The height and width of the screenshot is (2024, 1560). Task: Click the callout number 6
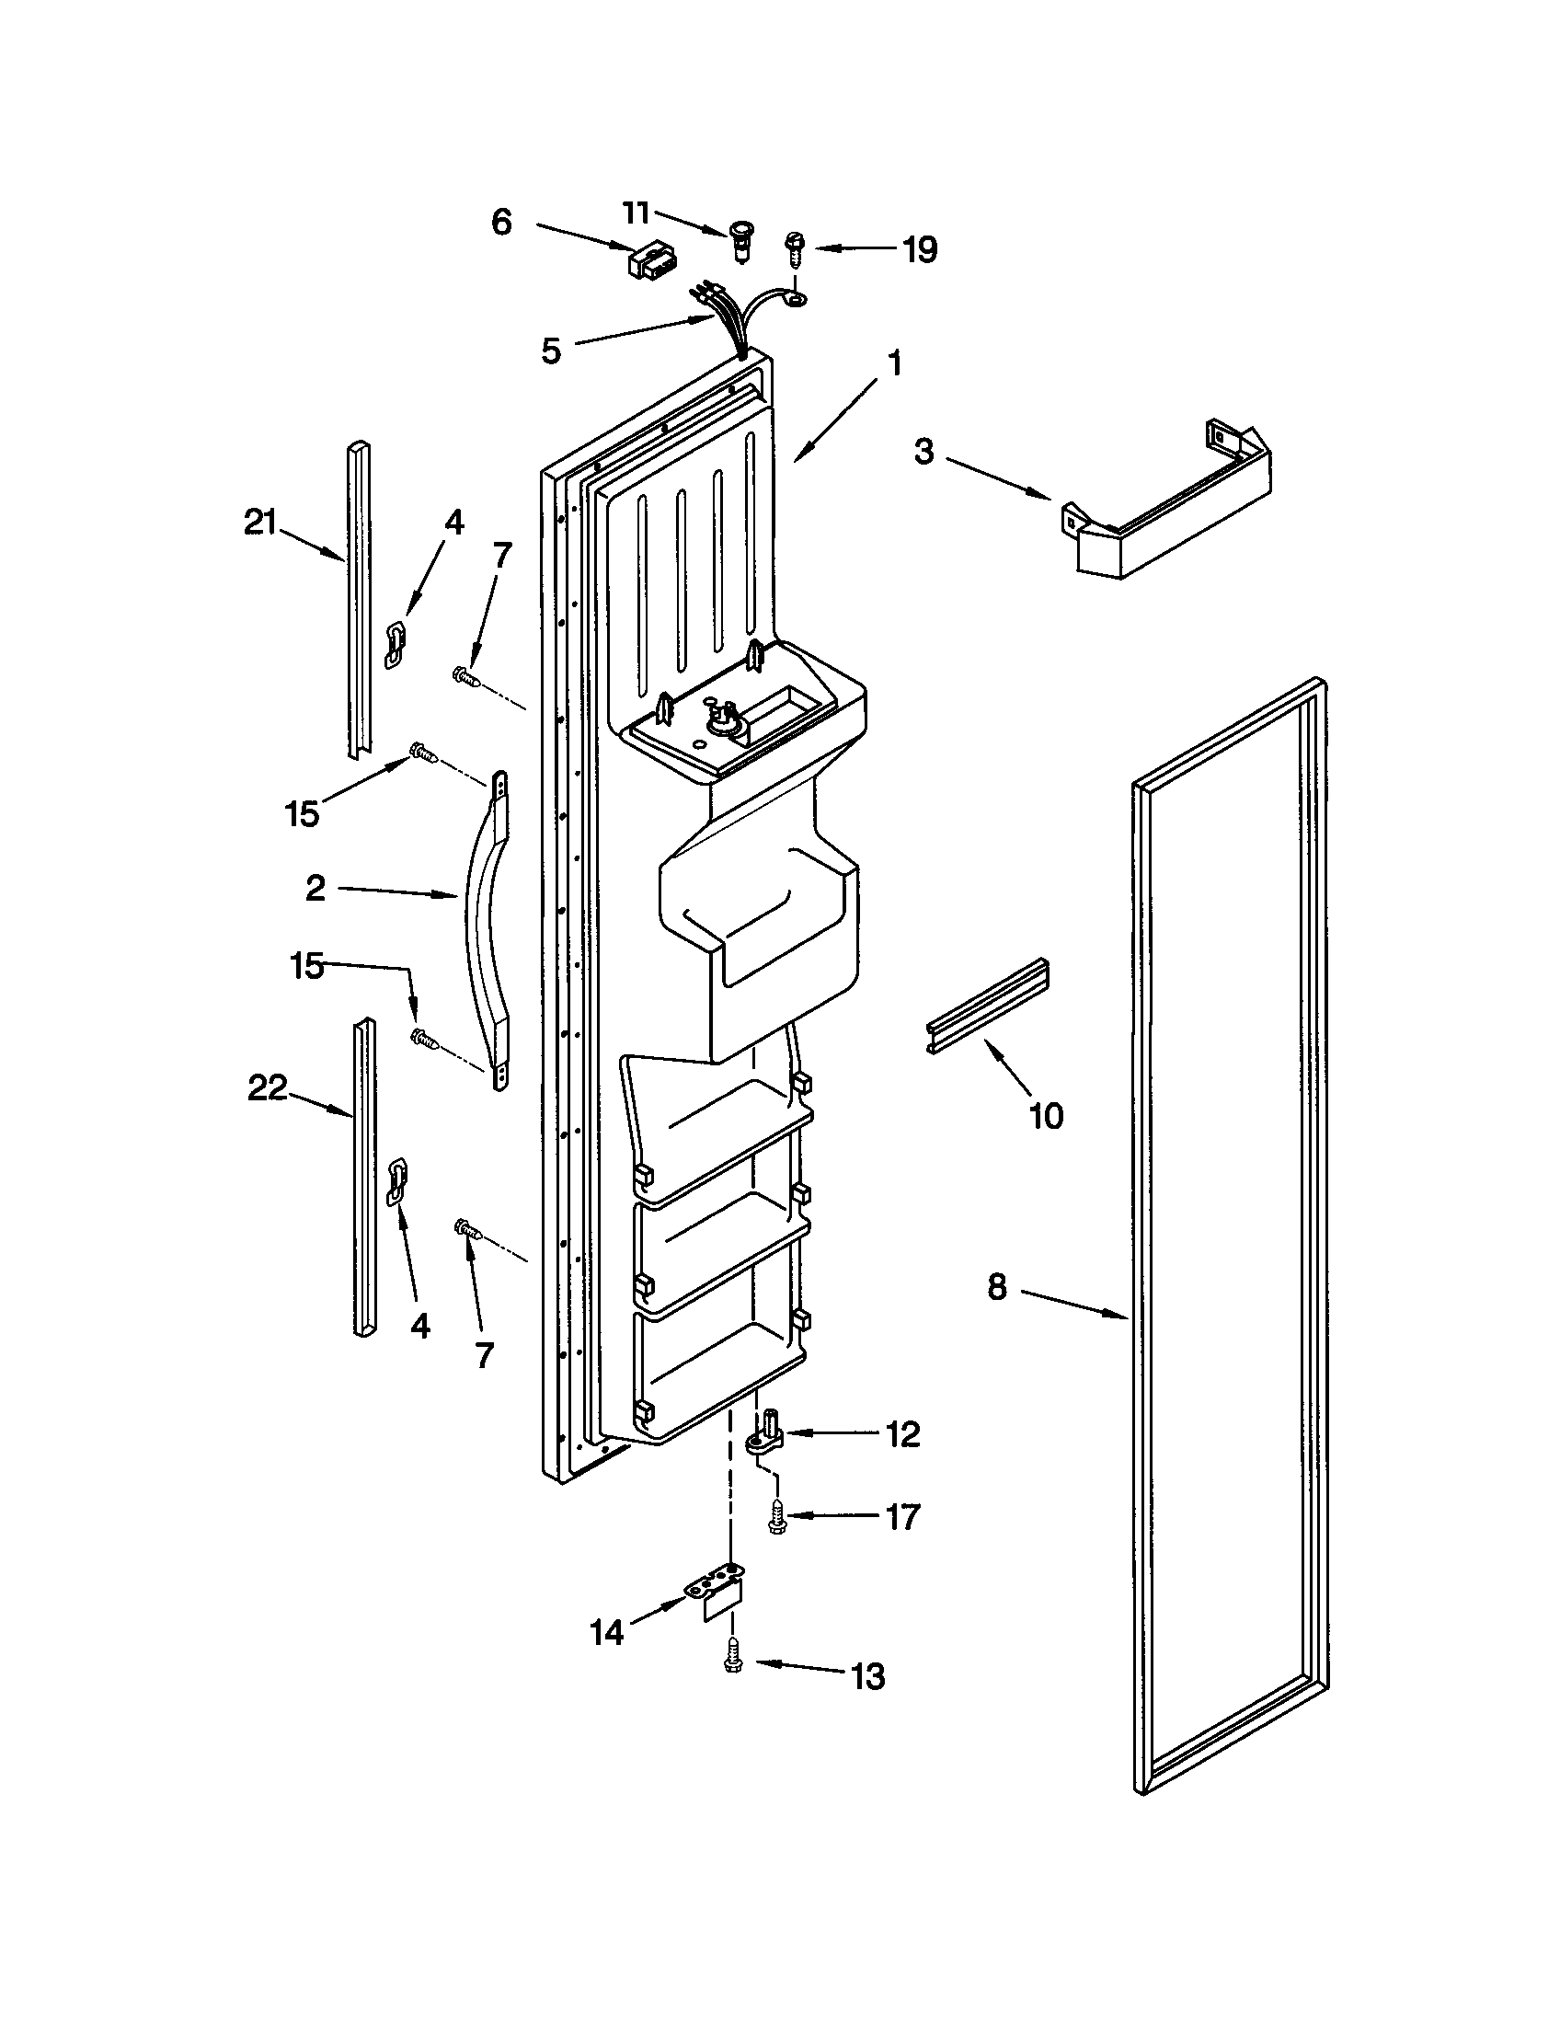coord(501,223)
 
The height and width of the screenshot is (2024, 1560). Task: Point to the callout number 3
coord(923,453)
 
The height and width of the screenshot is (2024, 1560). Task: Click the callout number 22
coord(267,1088)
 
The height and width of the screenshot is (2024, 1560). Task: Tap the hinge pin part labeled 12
coord(767,1434)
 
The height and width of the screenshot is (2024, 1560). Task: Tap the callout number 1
coord(894,363)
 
